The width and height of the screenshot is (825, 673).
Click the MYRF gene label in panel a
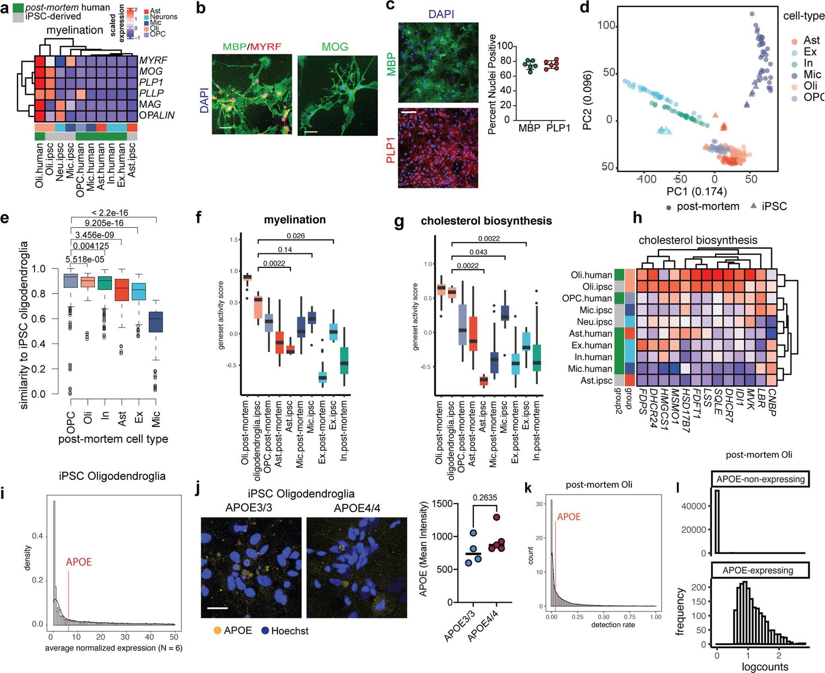153,60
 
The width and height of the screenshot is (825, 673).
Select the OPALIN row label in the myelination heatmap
157,115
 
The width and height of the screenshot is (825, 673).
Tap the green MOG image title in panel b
335,47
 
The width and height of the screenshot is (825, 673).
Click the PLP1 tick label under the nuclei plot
558,128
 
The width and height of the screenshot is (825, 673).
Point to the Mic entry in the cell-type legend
811,74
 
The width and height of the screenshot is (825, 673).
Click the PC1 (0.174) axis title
696,191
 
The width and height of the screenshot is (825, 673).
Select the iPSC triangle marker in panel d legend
753,206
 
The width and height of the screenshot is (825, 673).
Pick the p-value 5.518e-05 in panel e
85,259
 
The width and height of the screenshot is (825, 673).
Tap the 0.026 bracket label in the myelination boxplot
296,235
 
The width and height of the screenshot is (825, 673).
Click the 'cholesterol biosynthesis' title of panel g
486,221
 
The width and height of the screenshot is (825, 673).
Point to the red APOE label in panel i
79,562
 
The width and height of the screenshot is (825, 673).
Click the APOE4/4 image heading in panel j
357,508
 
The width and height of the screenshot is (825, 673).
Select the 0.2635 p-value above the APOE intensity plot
484,498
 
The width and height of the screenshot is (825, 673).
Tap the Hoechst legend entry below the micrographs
289,631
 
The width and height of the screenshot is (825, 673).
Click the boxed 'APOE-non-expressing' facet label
760,479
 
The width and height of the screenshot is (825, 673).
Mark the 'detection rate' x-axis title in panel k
613,625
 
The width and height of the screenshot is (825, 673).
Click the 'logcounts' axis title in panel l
765,667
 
